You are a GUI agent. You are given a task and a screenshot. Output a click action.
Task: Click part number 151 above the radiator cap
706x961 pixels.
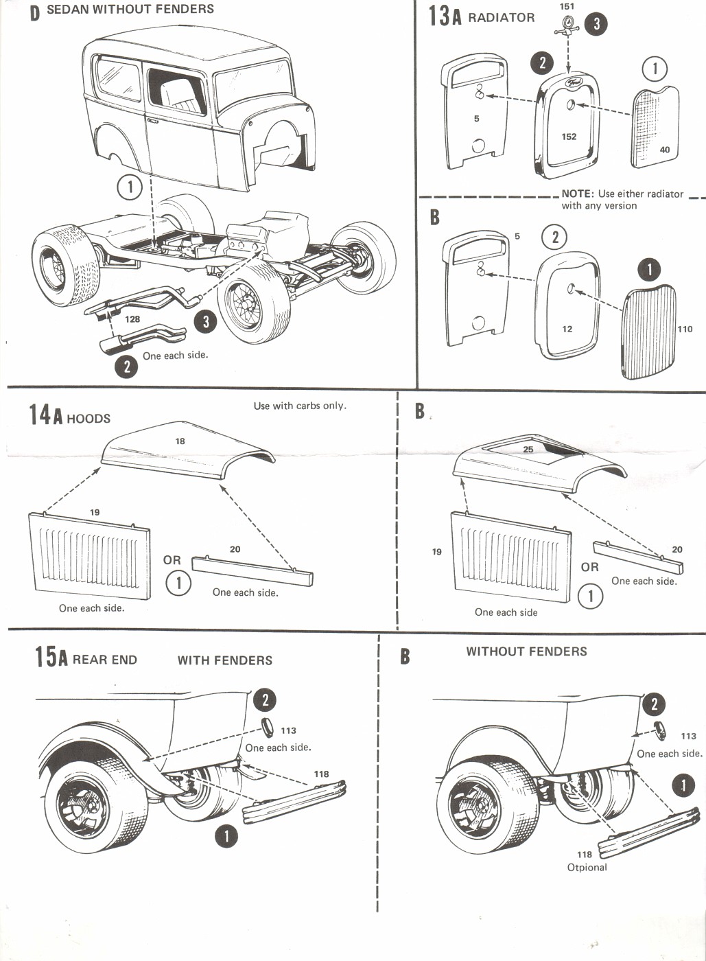567,7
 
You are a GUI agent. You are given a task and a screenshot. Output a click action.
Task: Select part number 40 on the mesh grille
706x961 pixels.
664,150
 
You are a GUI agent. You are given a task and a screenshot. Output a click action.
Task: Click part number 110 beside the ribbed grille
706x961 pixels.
685,329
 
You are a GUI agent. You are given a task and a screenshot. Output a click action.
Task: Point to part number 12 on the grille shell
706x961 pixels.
567,329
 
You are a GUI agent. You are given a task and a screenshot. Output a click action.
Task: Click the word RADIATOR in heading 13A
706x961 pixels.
501,18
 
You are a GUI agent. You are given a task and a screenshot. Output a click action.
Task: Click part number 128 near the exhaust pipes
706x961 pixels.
132,319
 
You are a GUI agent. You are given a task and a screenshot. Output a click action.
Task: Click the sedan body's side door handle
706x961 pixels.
152,121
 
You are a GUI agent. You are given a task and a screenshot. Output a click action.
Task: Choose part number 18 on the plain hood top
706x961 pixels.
180,441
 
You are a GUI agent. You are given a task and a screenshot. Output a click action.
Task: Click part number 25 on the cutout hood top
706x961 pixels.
528,450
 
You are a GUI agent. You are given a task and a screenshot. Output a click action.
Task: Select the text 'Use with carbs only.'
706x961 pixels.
300,406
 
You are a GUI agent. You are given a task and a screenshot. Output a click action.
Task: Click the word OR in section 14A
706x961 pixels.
172,560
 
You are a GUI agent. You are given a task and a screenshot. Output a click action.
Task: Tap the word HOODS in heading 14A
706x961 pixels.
89,419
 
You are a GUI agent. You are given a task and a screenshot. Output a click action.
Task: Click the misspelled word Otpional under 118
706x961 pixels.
587,867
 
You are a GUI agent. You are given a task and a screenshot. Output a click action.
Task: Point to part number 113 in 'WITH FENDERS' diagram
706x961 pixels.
288,730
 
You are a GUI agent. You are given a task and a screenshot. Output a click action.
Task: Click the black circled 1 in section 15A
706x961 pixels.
226,835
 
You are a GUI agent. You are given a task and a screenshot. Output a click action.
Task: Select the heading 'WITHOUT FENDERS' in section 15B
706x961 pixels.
526,651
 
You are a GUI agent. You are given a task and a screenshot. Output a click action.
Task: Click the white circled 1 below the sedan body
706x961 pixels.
130,186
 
